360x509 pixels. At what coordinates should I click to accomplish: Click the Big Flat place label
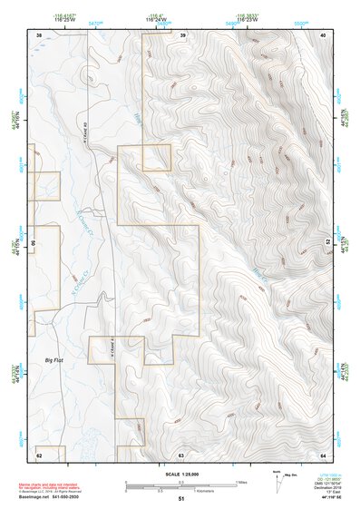[x=56, y=360]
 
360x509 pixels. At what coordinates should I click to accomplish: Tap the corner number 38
[x=39, y=34]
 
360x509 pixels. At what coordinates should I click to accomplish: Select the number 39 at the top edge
[x=182, y=34]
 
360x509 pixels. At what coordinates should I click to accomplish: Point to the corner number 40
[x=323, y=34]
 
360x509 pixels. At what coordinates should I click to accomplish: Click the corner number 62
[x=39, y=453]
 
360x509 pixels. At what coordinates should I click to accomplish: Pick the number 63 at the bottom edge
[x=181, y=453]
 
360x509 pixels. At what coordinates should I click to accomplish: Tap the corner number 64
[x=323, y=453]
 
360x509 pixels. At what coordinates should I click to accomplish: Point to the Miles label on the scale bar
[x=241, y=482]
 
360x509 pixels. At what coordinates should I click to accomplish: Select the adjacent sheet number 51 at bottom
[x=181, y=499]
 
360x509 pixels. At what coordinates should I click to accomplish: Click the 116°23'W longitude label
[x=246, y=19]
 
